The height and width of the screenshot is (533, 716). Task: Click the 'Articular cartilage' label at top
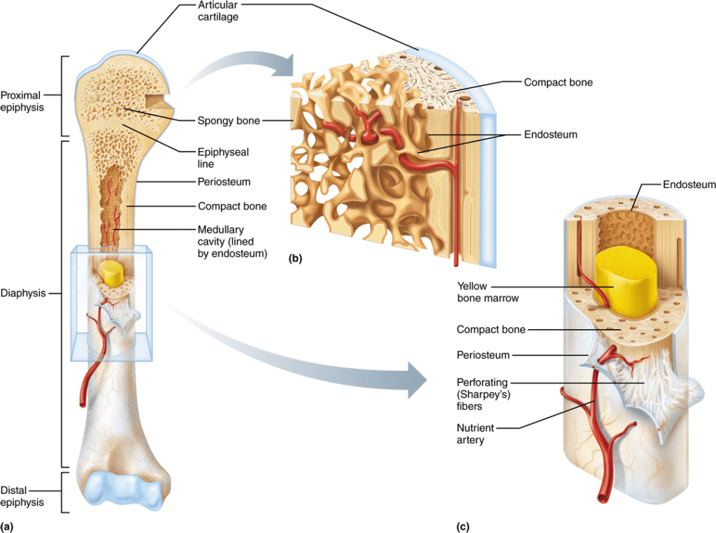pyautogui.click(x=217, y=11)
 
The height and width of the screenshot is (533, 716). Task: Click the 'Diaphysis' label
pyautogui.click(x=22, y=293)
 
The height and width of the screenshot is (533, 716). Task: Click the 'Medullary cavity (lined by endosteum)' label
pyautogui.click(x=233, y=241)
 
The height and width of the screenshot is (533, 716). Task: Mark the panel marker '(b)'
pyautogui.click(x=295, y=258)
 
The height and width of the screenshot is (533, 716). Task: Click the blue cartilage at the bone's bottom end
pyautogui.click(x=127, y=488)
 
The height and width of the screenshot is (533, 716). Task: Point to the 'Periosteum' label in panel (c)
pyautogui.click(x=482, y=356)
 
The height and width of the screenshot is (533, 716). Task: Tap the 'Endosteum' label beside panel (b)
pyautogui.click(x=550, y=134)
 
